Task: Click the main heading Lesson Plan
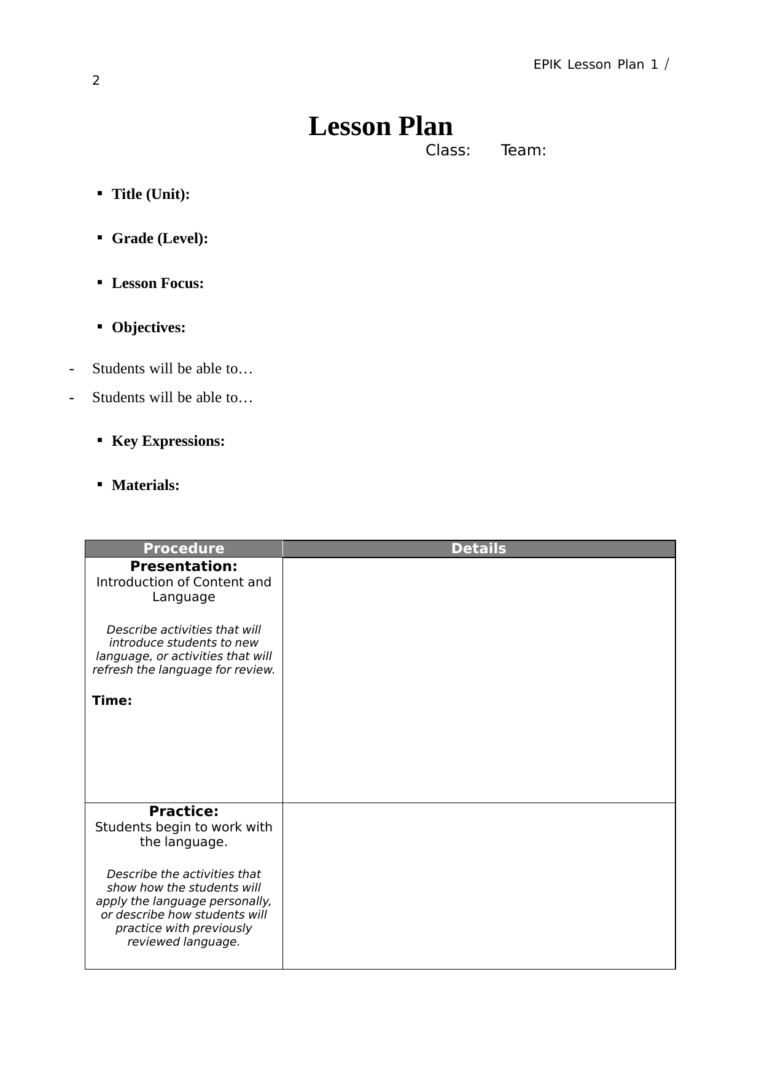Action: pyautogui.click(x=380, y=126)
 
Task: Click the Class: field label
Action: pyautogui.click(x=448, y=150)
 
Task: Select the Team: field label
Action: pyautogui.click(x=523, y=150)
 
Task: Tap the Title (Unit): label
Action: pyautogui.click(x=150, y=194)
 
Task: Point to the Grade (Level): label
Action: pyautogui.click(x=160, y=238)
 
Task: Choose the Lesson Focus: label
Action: pyautogui.click(x=157, y=283)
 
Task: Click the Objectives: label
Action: pyautogui.click(x=148, y=327)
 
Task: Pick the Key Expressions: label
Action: pyautogui.click(x=168, y=441)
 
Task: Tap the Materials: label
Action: pyautogui.click(x=146, y=485)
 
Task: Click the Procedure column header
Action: pyautogui.click(x=184, y=548)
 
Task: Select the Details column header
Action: pyautogui.click(x=478, y=548)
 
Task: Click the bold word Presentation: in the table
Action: pyautogui.click(x=184, y=566)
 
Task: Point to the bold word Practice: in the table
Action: pyautogui.click(x=184, y=811)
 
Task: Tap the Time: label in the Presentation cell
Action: pyautogui.click(x=112, y=701)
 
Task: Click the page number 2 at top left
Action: pyautogui.click(x=96, y=80)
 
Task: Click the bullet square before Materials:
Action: pyautogui.click(x=99, y=484)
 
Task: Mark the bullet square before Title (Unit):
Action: pyautogui.click(x=99, y=193)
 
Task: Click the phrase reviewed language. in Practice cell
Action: pyautogui.click(x=184, y=941)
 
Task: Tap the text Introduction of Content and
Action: pyautogui.click(x=184, y=581)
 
